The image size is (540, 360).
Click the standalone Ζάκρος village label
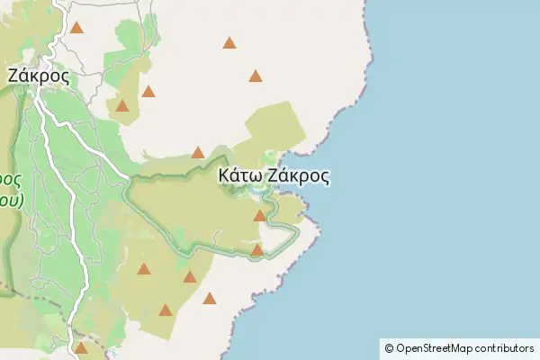[x=38, y=76]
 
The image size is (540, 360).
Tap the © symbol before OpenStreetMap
[x=390, y=348]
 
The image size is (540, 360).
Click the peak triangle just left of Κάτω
[x=198, y=152]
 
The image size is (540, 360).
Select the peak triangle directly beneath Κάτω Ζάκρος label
[x=260, y=215]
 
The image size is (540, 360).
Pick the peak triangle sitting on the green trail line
[x=257, y=250]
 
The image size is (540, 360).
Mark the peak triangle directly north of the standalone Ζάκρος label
[x=76, y=28]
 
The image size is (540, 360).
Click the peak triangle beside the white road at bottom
[x=81, y=347]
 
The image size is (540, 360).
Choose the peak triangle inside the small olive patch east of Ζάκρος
[x=121, y=106]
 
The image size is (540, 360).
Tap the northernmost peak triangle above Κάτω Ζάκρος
[x=229, y=42]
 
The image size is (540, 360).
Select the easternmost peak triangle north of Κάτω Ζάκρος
[x=256, y=76]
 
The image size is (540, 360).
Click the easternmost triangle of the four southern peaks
[x=210, y=298]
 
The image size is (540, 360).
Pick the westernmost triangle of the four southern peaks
[x=144, y=268]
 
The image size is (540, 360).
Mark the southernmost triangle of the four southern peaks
[x=166, y=310]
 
